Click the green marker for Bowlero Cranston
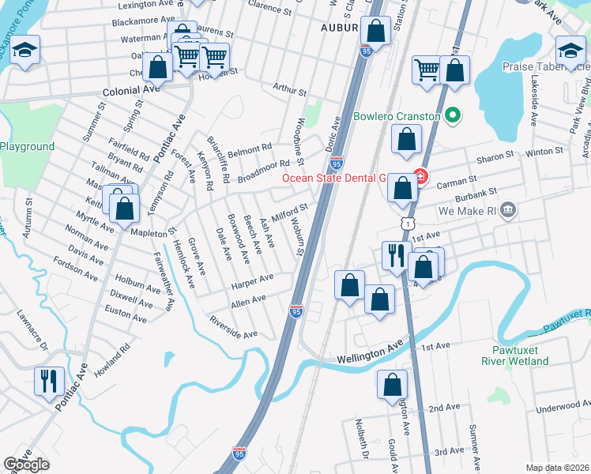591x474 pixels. coord(452,117)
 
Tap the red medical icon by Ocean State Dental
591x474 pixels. coord(421,176)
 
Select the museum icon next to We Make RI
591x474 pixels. coord(507,211)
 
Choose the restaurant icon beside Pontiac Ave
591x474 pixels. coord(49,380)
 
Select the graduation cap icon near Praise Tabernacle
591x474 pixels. coord(570,51)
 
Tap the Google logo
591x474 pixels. coord(26,465)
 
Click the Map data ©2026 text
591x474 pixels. coord(557,468)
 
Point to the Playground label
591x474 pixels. coord(28,146)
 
